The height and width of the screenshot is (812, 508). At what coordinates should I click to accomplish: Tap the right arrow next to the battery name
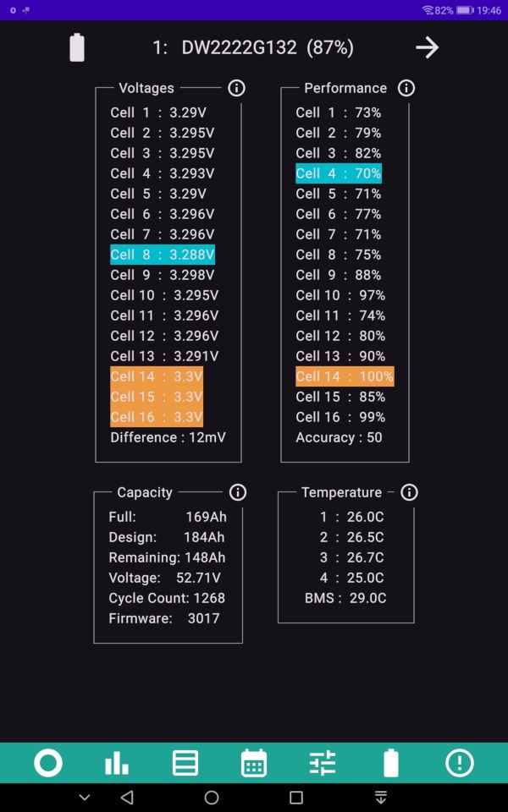pyautogui.click(x=427, y=47)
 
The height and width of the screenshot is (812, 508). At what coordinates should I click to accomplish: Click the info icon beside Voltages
pyautogui.click(x=236, y=88)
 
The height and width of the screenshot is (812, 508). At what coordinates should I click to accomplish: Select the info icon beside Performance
pyautogui.click(x=406, y=88)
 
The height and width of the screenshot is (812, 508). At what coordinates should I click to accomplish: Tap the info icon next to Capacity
pyautogui.click(x=237, y=492)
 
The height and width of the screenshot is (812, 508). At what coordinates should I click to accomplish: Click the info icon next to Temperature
pyautogui.click(x=409, y=492)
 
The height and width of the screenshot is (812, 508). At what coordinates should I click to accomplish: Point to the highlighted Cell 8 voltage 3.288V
pyautogui.click(x=163, y=255)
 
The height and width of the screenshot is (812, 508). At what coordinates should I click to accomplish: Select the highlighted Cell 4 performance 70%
pyautogui.click(x=339, y=173)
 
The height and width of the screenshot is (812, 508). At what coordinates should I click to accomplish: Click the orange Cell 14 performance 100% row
pyautogui.click(x=345, y=376)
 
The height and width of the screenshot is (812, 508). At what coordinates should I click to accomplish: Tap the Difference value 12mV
pyautogui.click(x=207, y=437)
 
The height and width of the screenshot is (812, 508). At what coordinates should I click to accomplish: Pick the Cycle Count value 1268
pyautogui.click(x=209, y=598)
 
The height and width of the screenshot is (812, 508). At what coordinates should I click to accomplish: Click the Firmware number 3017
pyautogui.click(x=204, y=618)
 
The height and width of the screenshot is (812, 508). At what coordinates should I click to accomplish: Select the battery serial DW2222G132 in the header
pyautogui.click(x=239, y=47)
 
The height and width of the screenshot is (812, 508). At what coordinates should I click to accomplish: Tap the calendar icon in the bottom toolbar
pyautogui.click(x=254, y=763)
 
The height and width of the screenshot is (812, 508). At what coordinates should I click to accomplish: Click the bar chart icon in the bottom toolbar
pyautogui.click(x=117, y=763)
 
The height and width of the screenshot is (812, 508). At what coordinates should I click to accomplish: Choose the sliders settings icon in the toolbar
pyautogui.click(x=323, y=763)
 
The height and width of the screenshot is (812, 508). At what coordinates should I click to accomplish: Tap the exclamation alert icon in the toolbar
pyautogui.click(x=459, y=763)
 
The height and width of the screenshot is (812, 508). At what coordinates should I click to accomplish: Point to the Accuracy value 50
pyautogui.click(x=374, y=437)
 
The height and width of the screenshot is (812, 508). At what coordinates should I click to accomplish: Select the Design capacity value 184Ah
pyautogui.click(x=204, y=538)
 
